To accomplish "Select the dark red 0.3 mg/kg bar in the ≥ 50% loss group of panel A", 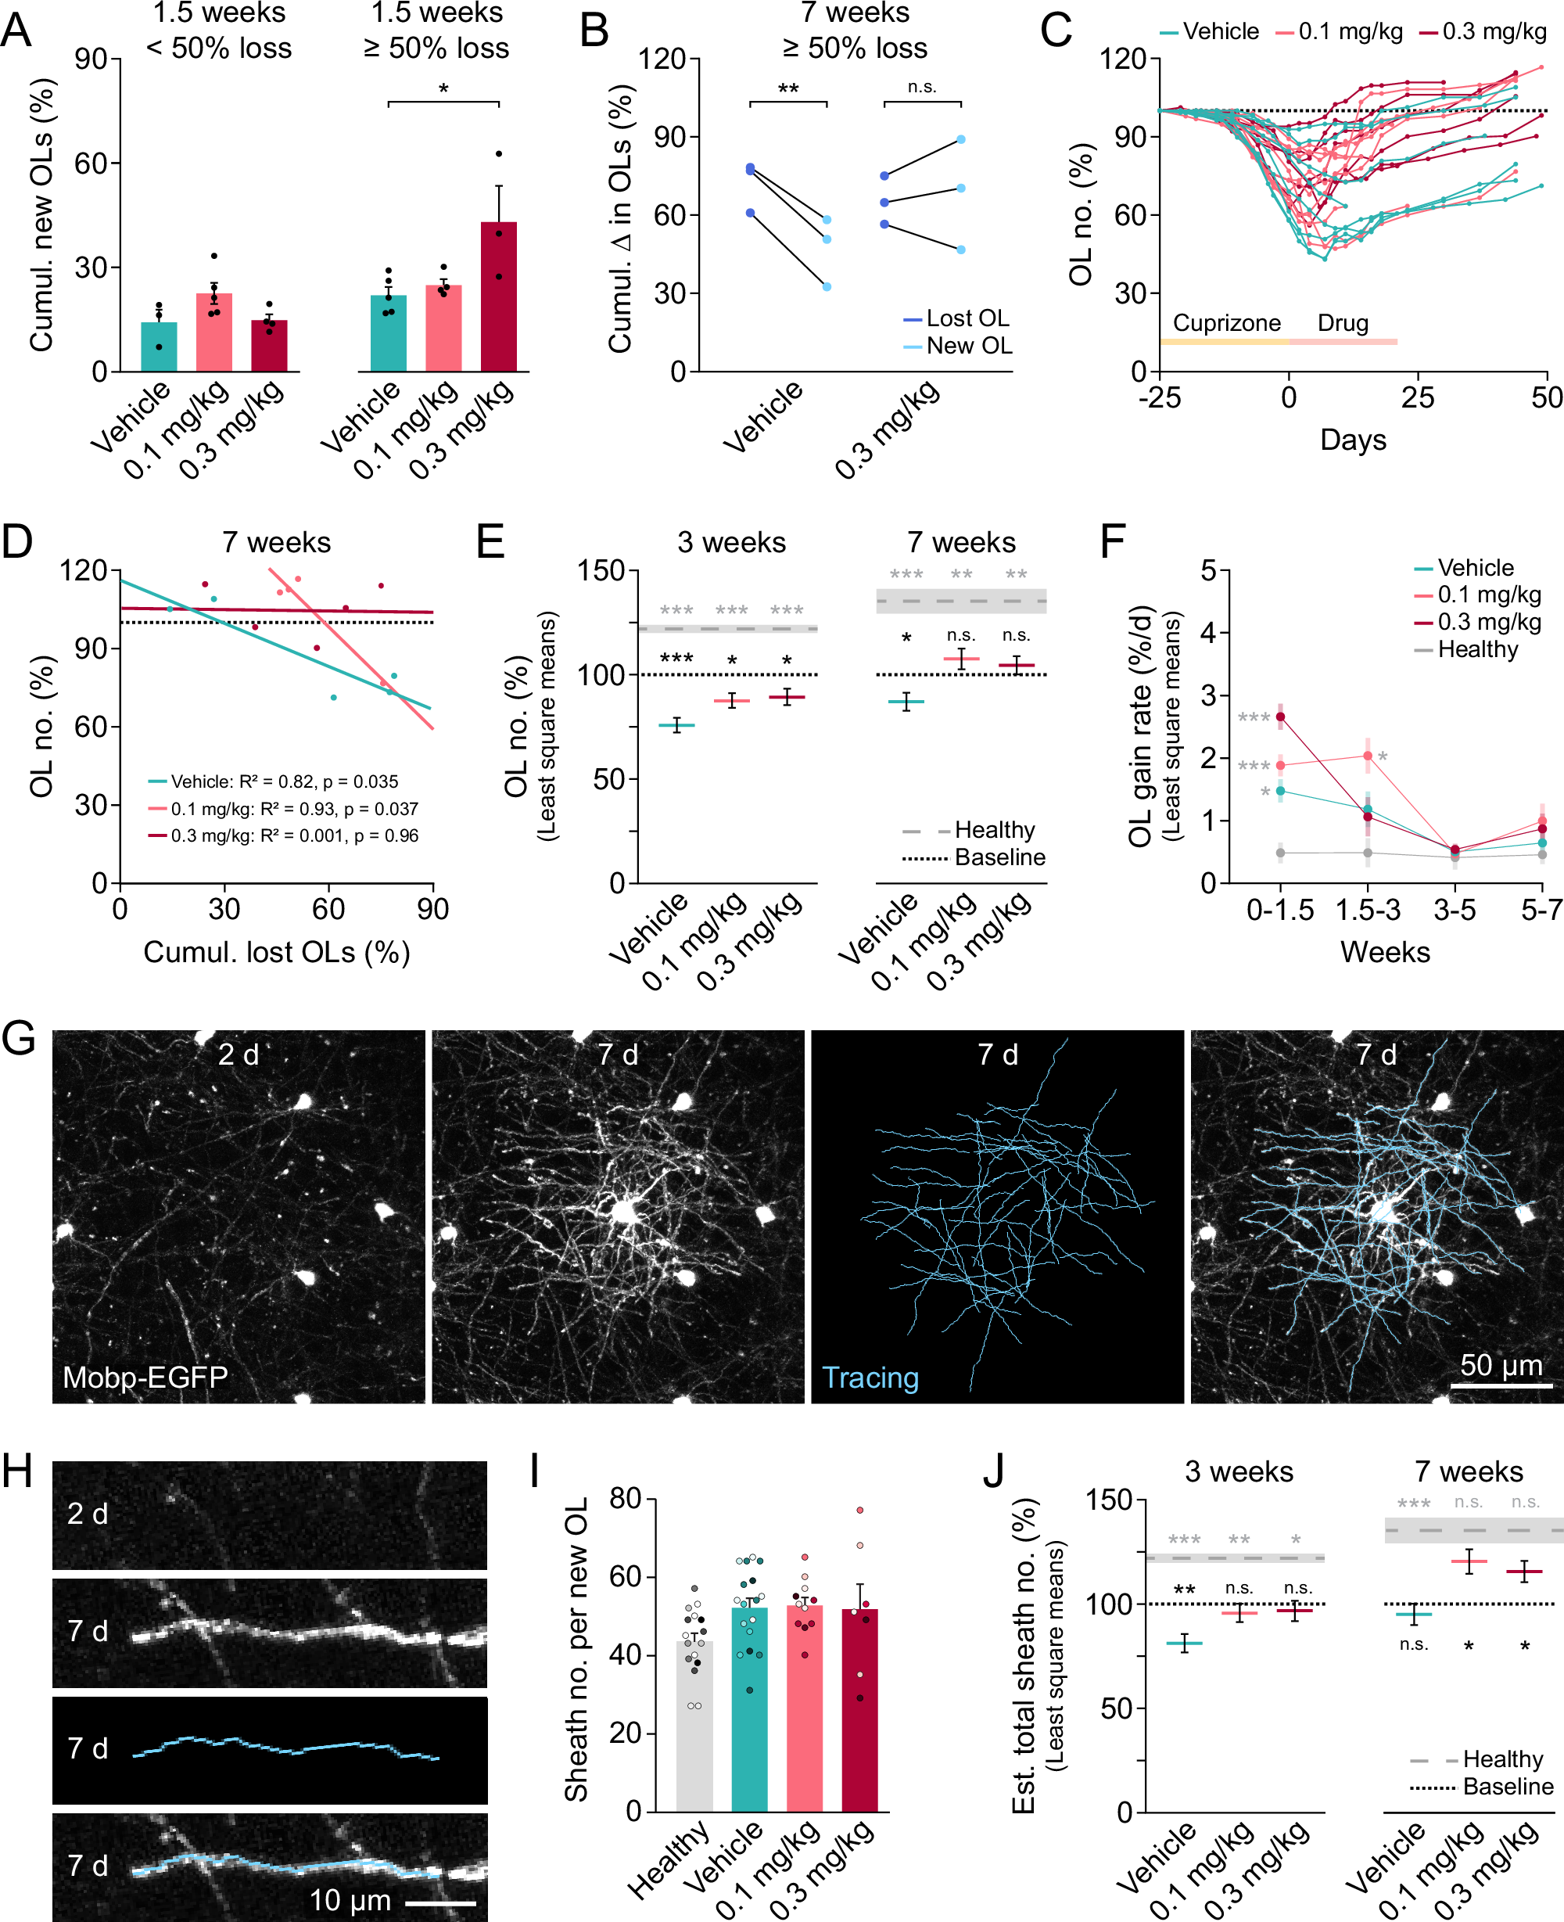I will pyautogui.click(x=498, y=297).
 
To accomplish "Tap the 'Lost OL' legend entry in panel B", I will pyautogui.click(x=967, y=318).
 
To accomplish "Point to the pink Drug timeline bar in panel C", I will pyautogui.click(x=1343, y=342).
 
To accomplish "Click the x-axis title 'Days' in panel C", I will pyautogui.click(x=1352, y=440).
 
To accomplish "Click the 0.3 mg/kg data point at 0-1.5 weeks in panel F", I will pyautogui.click(x=1280, y=717).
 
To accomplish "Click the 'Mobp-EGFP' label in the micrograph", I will pyautogui.click(x=145, y=1377).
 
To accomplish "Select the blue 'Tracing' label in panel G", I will pyautogui.click(x=870, y=1377).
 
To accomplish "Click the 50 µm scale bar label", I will pyautogui.click(x=1500, y=1364).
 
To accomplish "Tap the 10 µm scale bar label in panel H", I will pyautogui.click(x=350, y=1899).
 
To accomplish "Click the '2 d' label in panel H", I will pyautogui.click(x=88, y=1513).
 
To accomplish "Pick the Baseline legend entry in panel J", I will pyautogui.click(x=1507, y=1786).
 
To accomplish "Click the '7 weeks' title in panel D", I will pyautogui.click(x=277, y=542).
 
